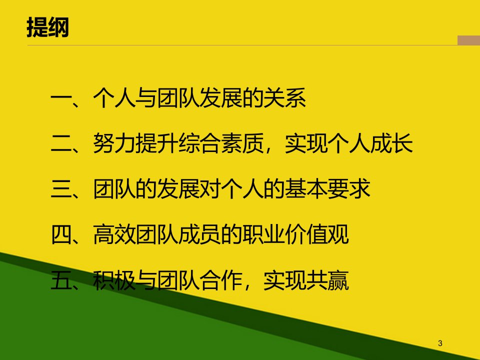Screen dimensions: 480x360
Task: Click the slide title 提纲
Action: click(48, 27)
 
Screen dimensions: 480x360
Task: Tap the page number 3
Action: click(440, 343)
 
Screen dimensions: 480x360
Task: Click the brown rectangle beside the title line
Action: click(468, 40)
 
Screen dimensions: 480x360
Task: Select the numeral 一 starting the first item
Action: click(61, 98)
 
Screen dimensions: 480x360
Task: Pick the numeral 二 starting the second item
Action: click(61, 144)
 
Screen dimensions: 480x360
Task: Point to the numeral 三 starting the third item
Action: click(61, 189)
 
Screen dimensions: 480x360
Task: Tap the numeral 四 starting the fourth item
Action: click(61, 235)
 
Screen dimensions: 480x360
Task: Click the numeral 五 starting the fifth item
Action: click(61, 280)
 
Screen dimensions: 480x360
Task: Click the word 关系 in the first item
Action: click(284, 98)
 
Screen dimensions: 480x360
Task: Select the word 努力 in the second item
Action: click(114, 143)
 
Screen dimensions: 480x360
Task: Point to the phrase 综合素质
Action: click(220, 143)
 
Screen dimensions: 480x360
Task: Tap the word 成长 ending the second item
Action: click(391, 143)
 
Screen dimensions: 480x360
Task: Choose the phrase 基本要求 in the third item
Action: click(327, 188)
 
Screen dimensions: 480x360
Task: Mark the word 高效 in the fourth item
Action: click(114, 234)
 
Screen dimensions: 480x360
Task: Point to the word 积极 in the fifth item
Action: click(114, 280)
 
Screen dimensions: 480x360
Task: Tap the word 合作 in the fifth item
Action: click(220, 280)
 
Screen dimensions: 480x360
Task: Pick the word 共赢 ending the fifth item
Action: click(327, 280)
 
